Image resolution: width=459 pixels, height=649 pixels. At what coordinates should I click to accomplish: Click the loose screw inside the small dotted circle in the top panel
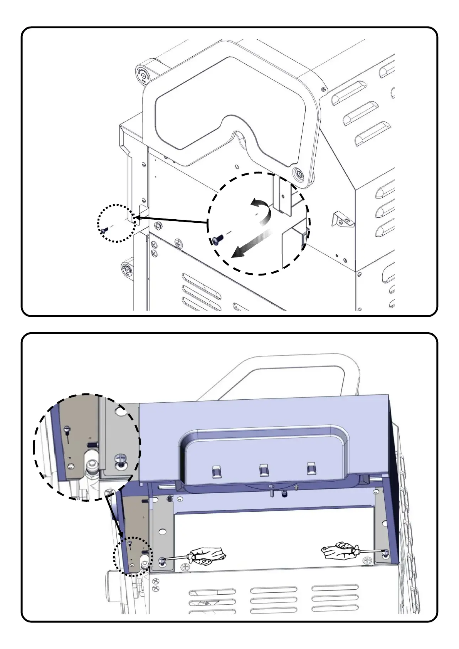pyautogui.click(x=104, y=230)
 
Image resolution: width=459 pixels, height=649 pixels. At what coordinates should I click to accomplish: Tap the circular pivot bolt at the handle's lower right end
pyautogui.click(x=298, y=173)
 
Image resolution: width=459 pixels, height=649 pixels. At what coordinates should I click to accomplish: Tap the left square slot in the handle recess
pyautogui.click(x=216, y=471)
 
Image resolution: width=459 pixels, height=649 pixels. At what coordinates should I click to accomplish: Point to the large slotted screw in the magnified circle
pyautogui.click(x=120, y=460)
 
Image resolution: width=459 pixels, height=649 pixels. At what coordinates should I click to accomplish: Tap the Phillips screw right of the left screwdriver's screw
pyautogui.click(x=186, y=567)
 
